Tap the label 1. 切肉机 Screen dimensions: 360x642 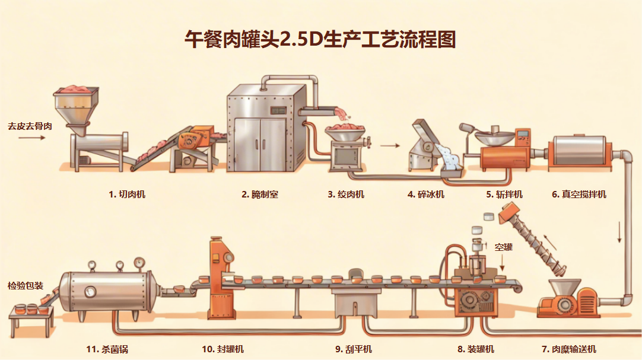[x=127, y=194]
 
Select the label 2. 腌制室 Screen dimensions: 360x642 [x=260, y=194]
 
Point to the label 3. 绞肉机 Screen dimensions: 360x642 [x=346, y=194]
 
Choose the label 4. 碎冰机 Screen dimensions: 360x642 [x=426, y=194]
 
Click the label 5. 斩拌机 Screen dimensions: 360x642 [x=504, y=194]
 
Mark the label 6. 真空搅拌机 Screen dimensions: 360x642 [x=579, y=194]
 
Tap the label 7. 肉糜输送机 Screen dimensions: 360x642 [x=569, y=349]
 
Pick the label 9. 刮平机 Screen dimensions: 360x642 [x=354, y=349]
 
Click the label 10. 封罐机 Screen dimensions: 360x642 [x=223, y=349]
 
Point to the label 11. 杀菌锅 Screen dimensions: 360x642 [x=107, y=349]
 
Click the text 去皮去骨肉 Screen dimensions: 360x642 [x=30, y=126]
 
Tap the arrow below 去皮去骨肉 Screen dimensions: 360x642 [x=31, y=138]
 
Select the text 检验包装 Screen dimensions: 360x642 [x=26, y=286]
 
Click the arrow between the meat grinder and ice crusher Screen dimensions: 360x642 [x=389, y=145]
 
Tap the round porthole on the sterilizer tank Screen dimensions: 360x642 [x=90, y=291]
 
